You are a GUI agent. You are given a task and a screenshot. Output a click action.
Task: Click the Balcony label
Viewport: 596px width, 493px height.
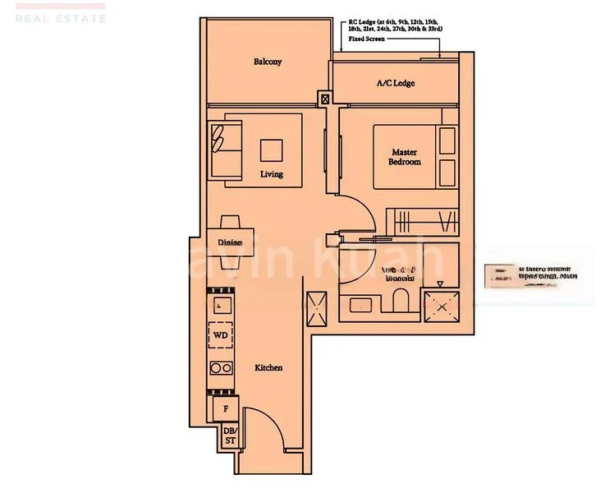268,62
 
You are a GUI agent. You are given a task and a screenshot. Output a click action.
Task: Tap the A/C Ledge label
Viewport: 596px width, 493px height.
396,84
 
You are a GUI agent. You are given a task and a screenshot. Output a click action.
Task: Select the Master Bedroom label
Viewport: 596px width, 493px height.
405,157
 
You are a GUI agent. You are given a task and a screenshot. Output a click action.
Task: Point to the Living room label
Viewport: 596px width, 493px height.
272,174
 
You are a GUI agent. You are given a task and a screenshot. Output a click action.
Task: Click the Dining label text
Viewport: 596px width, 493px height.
230,242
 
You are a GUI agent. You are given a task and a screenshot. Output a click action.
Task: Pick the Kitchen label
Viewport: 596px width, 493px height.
268,367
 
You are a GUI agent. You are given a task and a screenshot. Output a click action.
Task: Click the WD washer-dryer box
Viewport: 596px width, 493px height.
220,335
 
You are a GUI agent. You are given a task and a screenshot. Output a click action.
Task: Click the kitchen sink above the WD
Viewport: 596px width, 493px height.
220,305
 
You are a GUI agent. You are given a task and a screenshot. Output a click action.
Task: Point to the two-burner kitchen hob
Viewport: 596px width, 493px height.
220,367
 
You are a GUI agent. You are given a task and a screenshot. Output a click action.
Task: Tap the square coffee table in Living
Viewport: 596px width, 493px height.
272,150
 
